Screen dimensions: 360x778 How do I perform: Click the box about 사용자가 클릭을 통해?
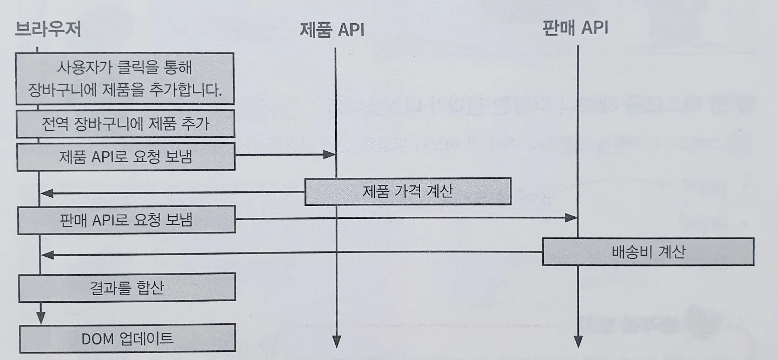coord(125,78)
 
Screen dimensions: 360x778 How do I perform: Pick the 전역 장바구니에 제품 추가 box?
coord(125,125)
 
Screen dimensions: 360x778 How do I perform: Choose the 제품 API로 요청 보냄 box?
coord(125,156)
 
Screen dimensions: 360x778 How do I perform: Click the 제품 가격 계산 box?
coord(408,191)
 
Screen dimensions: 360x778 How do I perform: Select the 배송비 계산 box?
coord(648,252)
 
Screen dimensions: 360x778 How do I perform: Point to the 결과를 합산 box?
coord(127,287)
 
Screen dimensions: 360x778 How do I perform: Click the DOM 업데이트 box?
coord(127,339)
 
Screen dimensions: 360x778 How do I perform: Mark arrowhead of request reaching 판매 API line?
coord(571,218)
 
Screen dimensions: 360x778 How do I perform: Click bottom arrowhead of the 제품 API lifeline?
coord(336,342)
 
